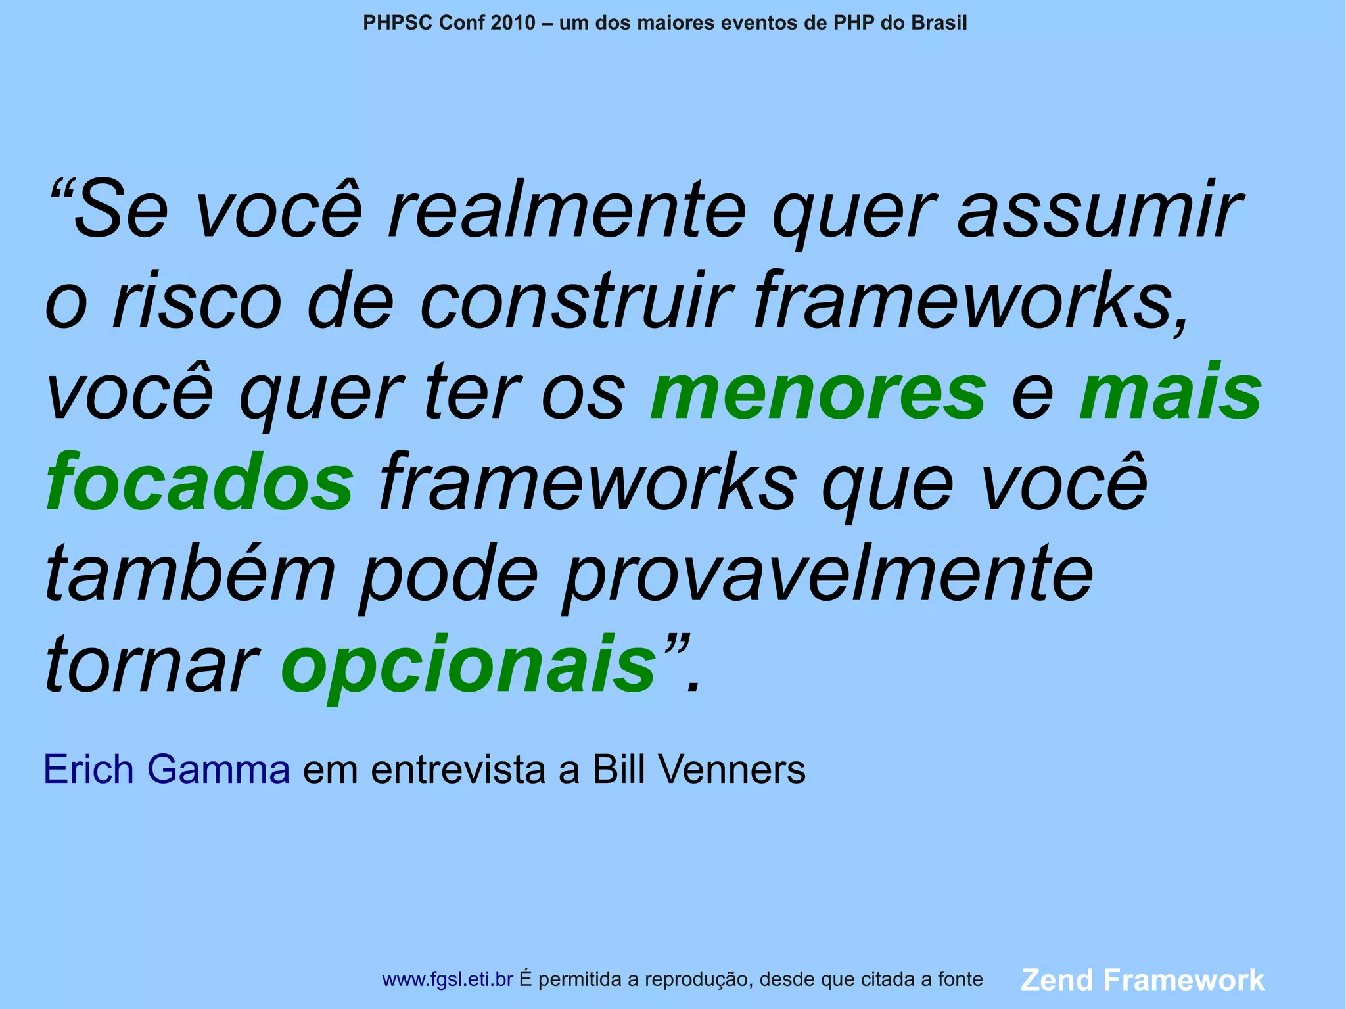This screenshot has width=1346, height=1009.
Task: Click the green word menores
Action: click(x=818, y=394)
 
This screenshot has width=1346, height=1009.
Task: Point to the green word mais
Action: click(x=1170, y=392)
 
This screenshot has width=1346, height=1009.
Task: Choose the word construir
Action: click(x=576, y=302)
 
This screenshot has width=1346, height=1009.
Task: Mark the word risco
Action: click(x=197, y=302)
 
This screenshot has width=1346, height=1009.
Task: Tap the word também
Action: click(x=190, y=573)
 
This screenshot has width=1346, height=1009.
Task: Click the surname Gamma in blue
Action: click(x=218, y=769)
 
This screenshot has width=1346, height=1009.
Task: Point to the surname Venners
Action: click(x=731, y=769)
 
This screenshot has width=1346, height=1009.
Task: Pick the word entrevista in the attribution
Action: click(x=458, y=769)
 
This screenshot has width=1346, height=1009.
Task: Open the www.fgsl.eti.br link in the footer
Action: click(x=447, y=979)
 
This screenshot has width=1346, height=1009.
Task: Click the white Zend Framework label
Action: click(x=1142, y=979)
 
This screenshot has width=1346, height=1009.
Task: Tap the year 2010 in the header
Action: click(x=513, y=23)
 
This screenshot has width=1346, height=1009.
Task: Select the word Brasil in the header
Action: click(x=939, y=23)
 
